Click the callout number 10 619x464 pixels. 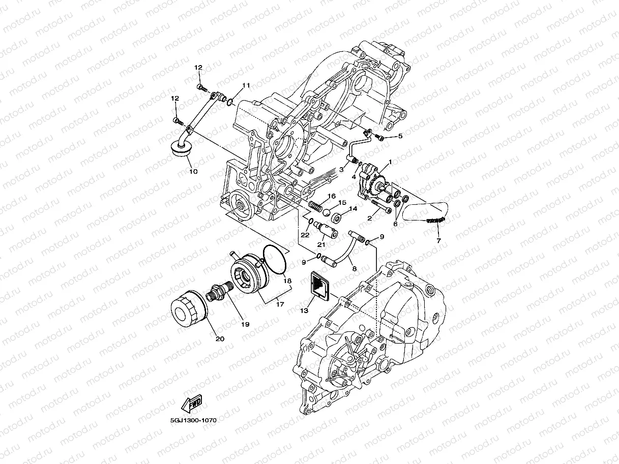tap(193, 172)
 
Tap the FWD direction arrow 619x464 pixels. tap(191, 405)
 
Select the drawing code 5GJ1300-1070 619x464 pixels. tap(190, 421)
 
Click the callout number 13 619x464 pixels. tap(304, 310)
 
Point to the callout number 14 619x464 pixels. tap(352, 208)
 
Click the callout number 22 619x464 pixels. tap(305, 235)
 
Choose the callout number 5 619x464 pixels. tap(400, 136)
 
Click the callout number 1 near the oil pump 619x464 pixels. tap(390, 162)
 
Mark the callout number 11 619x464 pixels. tap(246, 85)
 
